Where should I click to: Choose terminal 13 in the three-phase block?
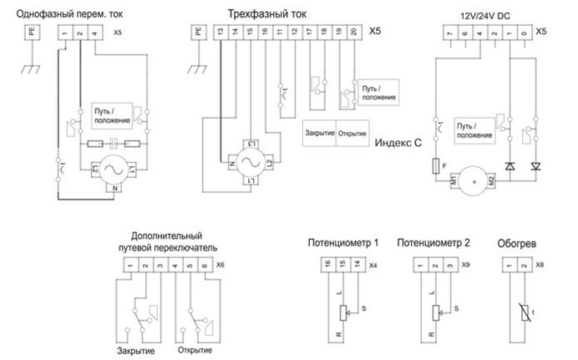(218, 31)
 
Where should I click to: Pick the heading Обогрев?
(517, 245)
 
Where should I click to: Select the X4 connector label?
(373, 265)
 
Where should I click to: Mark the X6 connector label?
(221, 265)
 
